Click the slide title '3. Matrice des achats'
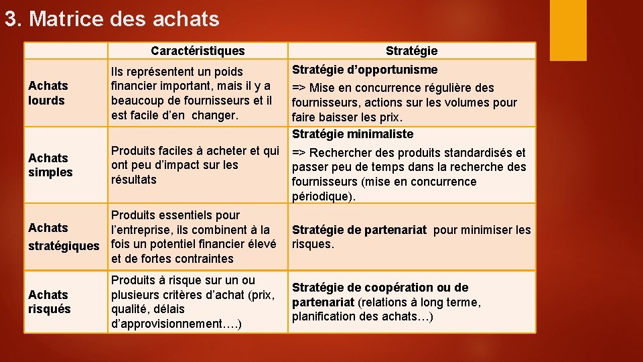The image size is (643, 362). [112, 19]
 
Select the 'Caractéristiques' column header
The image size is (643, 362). [198, 51]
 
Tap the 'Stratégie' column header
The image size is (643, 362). [411, 51]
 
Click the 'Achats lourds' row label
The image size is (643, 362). [48, 93]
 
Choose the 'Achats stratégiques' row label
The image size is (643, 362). [63, 237]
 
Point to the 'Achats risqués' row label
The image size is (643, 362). [49, 302]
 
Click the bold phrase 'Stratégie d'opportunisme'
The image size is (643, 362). [364, 70]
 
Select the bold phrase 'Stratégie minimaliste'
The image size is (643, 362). [352, 134]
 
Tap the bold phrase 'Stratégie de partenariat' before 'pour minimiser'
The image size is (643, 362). [359, 230]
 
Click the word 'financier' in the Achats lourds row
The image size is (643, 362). [137, 86]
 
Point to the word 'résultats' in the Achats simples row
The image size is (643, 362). [134, 180]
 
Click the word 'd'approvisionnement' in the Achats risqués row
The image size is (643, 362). [165, 324]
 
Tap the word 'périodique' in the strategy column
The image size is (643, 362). [319, 196]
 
